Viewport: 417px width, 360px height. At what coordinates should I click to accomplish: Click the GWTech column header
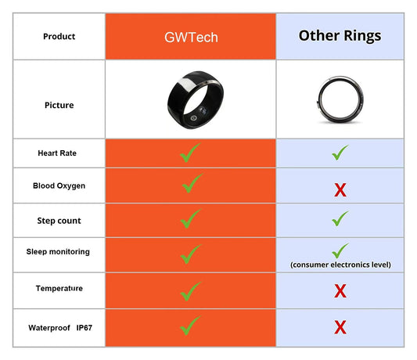[190, 36]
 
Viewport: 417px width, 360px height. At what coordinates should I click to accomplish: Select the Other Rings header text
[340, 36]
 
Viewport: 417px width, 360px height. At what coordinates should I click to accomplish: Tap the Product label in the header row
[59, 36]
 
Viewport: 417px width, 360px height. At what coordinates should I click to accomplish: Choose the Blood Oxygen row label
[59, 186]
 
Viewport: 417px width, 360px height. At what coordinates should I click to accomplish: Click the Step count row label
[59, 221]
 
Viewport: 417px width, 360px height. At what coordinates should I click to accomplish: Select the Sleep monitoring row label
[59, 252]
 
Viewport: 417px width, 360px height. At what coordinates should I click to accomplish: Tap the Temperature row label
[59, 289]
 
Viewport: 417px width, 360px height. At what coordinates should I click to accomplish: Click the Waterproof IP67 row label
[59, 327]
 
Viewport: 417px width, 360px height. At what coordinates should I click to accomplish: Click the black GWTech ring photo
[189, 100]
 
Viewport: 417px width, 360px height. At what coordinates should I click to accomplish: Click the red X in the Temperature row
[340, 291]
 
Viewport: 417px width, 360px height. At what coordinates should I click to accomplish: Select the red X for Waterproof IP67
[340, 327]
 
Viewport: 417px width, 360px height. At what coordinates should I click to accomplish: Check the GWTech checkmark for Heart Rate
[190, 153]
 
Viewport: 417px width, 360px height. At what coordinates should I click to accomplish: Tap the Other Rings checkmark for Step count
[340, 219]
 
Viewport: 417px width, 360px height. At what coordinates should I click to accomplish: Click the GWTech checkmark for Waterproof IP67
[190, 325]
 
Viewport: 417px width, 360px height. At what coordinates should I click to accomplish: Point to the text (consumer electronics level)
[340, 265]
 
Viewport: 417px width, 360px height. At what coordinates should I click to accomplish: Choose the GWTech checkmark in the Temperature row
[190, 290]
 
